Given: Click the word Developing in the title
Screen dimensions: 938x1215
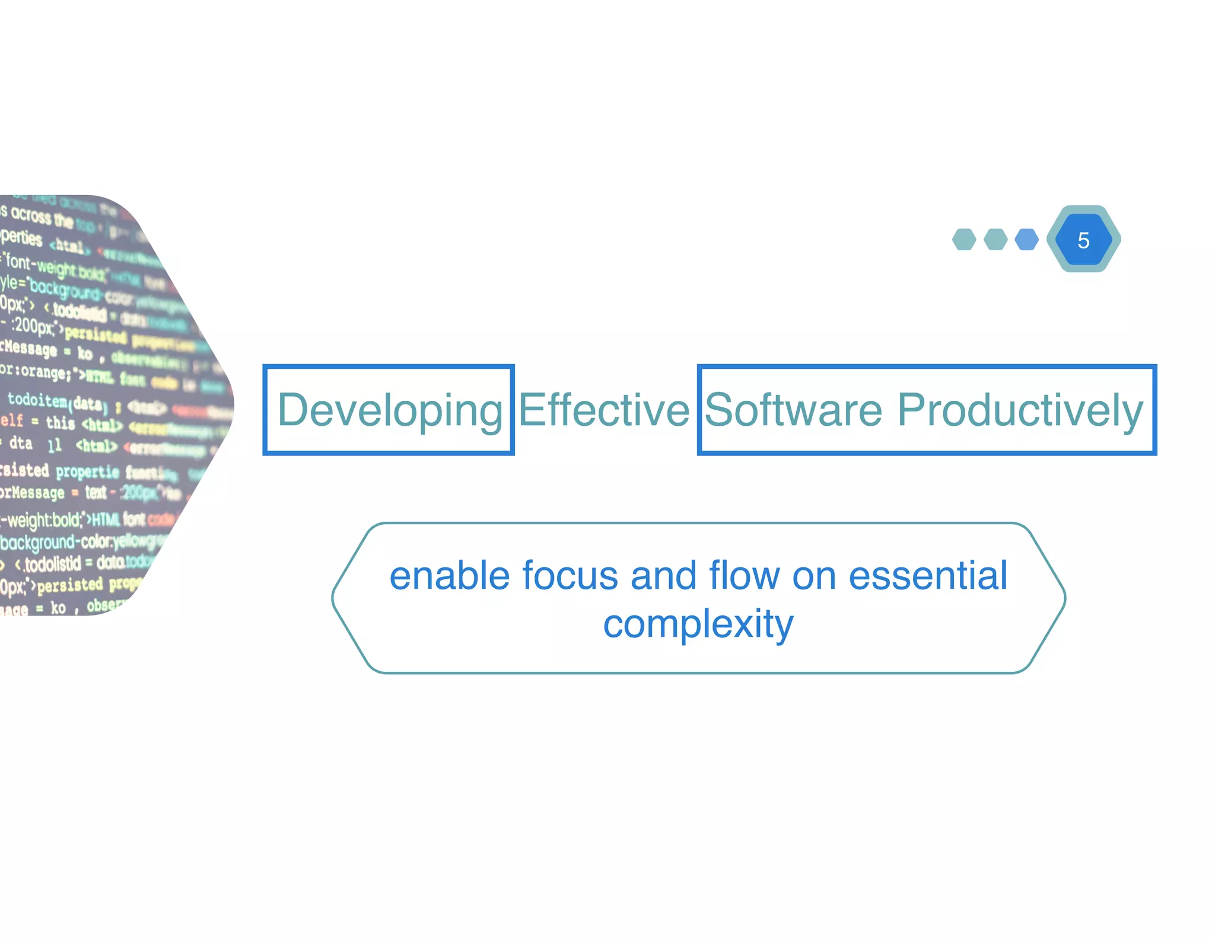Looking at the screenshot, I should pos(390,410).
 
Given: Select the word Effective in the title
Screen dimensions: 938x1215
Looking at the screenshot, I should pos(604,410).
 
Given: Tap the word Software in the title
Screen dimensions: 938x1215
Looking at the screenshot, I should pos(794,410).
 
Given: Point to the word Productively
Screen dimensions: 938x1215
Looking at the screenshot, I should pos(1020,410).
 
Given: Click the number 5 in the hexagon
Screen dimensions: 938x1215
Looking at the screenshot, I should pos(1083,240).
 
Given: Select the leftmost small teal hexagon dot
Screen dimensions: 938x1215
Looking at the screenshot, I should pos(964,240).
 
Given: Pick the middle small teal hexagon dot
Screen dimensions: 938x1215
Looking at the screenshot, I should pos(995,240).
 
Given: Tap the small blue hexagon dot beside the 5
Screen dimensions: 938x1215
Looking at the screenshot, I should pos(1026,240).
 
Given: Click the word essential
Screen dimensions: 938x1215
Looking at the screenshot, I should pos(928,576).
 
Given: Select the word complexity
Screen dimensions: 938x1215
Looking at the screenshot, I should pos(698,624).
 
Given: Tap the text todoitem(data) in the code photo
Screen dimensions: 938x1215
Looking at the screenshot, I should pos(57,401).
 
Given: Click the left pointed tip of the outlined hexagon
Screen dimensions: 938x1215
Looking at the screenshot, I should pos(333,598).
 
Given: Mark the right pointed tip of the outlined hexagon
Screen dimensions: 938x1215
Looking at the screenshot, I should pos(1065,598).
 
